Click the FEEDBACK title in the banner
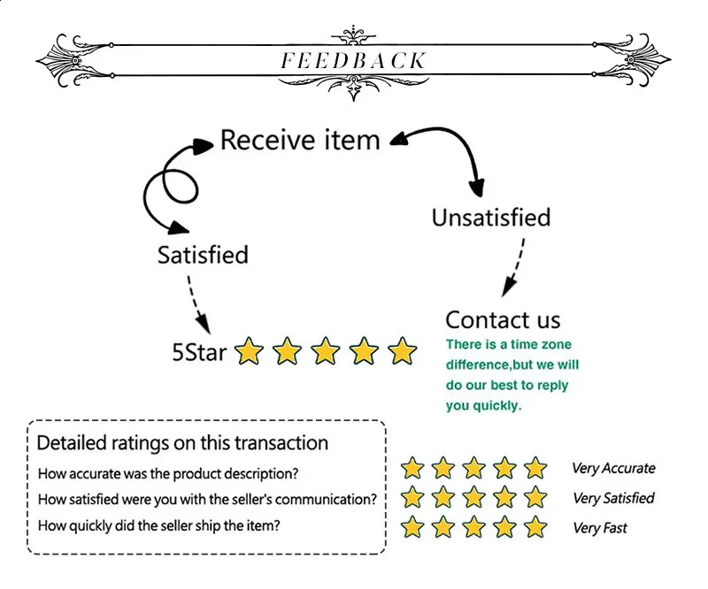point(353,61)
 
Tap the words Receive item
point(300,140)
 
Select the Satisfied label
point(203,255)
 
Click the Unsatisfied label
point(491,218)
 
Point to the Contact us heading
point(503,319)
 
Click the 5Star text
point(199,353)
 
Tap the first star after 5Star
point(250,352)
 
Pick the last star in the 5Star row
point(403,352)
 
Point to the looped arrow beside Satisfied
point(168,186)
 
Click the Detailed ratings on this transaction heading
point(182,443)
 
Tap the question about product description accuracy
point(168,473)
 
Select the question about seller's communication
point(207,500)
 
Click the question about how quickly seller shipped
point(159,526)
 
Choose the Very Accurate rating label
point(613,469)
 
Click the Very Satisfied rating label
point(613,499)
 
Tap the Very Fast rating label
point(600,528)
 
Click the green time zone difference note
point(512,375)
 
